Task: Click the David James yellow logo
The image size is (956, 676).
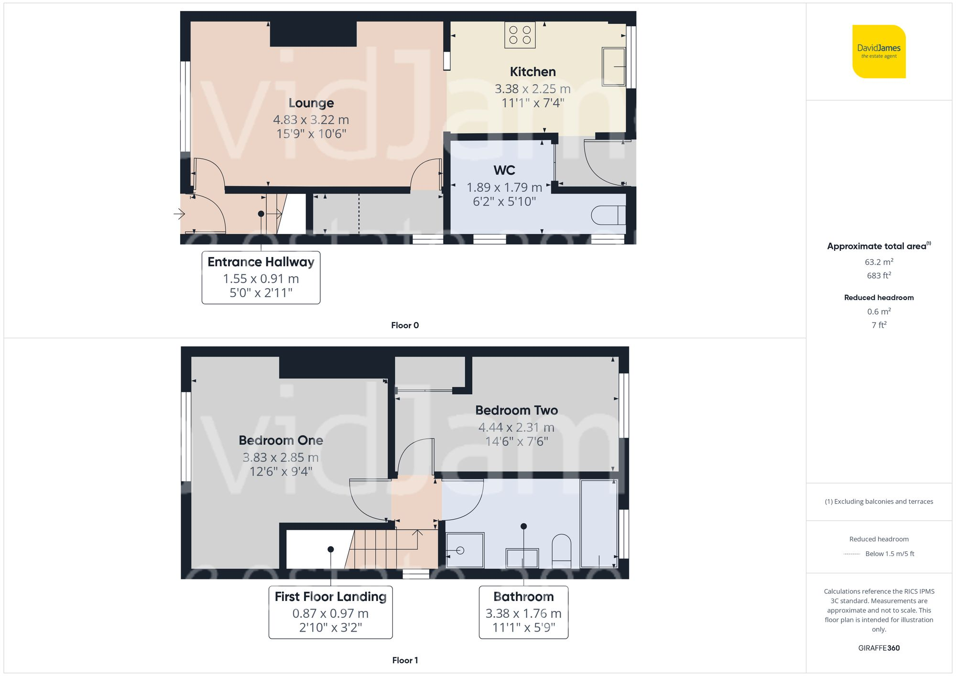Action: coord(879,52)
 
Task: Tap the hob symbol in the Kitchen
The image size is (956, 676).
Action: coord(520,35)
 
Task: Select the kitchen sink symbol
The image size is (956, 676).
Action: coord(614,66)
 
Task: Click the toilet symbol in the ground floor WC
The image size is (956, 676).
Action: coord(608,215)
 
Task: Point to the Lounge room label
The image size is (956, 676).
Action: coord(311,103)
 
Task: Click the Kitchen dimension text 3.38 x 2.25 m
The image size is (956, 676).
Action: coord(532,89)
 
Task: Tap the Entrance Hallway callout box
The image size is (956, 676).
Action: coord(261,278)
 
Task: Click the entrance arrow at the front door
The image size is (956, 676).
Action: coord(179,214)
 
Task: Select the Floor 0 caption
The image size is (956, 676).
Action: coord(404,325)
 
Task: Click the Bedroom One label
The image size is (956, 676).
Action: coord(281,440)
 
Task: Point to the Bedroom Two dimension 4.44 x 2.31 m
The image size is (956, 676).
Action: coord(516,427)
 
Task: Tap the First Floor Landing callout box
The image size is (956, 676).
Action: coord(330,612)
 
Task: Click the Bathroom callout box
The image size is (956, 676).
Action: coord(523,612)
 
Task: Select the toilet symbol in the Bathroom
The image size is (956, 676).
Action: coord(561,547)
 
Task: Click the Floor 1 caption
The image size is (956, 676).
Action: coord(404,660)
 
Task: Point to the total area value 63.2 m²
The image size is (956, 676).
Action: coord(879,262)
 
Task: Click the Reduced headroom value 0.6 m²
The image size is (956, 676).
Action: coord(879,311)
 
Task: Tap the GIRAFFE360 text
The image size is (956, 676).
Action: coord(879,648)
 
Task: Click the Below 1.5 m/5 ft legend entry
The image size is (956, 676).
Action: coord(889,554)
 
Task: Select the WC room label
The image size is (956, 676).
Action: coord(504,171)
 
